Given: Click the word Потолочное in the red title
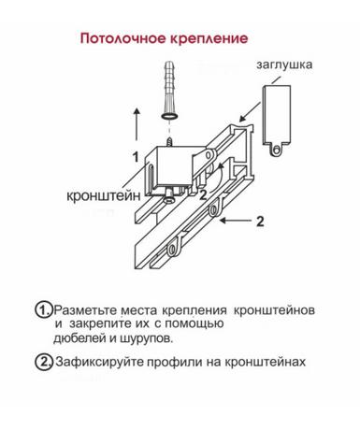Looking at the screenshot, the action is pos(123,38).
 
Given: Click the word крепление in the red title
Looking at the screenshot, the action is pos(209,39).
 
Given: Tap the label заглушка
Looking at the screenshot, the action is pos(284,65).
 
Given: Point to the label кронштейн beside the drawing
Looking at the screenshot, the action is pos(104,196).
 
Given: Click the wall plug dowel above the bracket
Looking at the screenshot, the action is pos(169,90).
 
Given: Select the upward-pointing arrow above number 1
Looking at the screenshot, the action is pos(137,124).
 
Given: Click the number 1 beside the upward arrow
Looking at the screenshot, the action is pos(136,157).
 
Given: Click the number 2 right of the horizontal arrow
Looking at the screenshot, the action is pos(260,222).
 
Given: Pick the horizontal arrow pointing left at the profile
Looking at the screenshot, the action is pos(236,221).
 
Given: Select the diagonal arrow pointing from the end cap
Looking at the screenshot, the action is pos(250,112).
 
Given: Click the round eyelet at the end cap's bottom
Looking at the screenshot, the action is pos(276,150).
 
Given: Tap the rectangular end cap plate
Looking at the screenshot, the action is pos(277,115).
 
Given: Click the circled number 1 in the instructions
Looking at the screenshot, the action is pos(43,309).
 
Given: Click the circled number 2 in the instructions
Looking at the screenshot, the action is pos(43,362).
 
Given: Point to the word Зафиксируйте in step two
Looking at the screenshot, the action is pos(100,362).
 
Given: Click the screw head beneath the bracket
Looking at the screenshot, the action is pos(169,198).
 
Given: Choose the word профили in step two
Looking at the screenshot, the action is pos(174,363).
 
